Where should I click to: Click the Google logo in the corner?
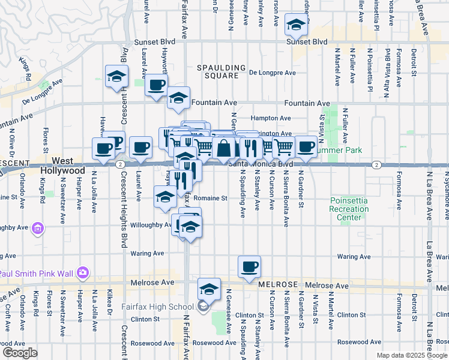[x=19, y=353]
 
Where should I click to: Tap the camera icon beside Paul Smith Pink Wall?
[x=82, y=274]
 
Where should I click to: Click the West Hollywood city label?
[x=62, y=166]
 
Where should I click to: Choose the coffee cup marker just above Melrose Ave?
[x=249, y=266]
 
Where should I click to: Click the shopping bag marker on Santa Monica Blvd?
[x=223, y=148]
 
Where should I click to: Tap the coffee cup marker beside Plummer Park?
[x=306, y=146]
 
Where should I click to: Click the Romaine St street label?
[x=212, y=197]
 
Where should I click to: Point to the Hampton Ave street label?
[x=271, y=118]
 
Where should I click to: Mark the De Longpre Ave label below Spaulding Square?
[x=273, y=73]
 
